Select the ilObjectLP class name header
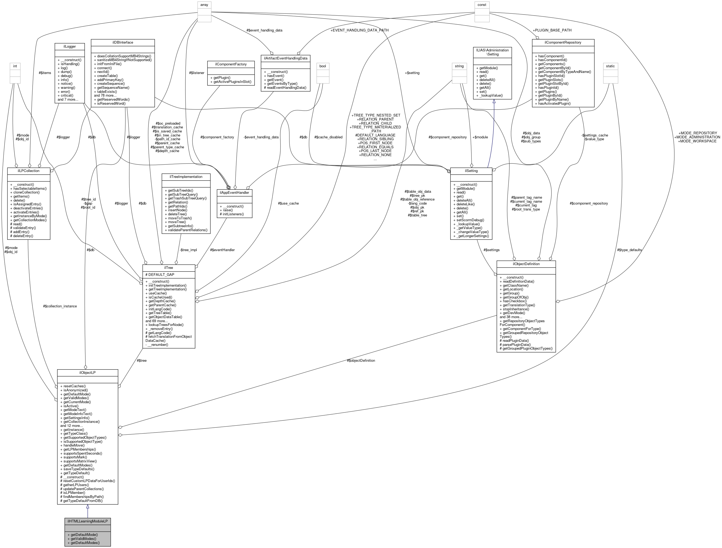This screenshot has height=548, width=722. click(88, 373)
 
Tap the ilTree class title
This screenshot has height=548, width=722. click(169, 268)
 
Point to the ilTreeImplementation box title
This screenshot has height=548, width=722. click(186, 177)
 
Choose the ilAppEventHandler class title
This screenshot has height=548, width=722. click(234, 193)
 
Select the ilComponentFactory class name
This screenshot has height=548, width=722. click(231, 64)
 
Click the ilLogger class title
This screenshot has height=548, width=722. click(70, 47)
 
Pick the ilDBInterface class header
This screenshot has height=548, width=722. click(123, 43)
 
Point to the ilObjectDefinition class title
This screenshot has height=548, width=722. click(526, 264)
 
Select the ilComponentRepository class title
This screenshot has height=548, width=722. click(563, 43)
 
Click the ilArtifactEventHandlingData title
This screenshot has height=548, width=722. click(286, 58)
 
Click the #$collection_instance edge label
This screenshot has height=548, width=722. click(60, 306)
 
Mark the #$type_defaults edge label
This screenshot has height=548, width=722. click(629, 250)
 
